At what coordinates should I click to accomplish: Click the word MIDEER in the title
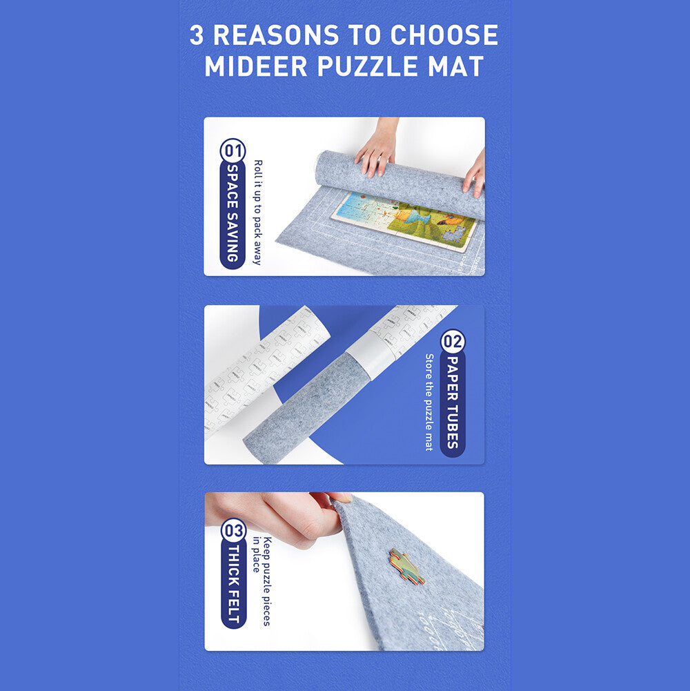(x=256, y=66)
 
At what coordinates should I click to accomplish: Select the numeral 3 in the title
(x=197, y=35)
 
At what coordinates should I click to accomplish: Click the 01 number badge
(x=233, y=150)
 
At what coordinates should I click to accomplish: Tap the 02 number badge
(x=453, y=342)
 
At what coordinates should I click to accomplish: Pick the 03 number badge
(x=233, y=531)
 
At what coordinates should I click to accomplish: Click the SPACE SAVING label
(x=233, y=213)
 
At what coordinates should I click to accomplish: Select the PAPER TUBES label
(x=453, y=402)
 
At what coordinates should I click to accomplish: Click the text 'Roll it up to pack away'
(x=258, y=213)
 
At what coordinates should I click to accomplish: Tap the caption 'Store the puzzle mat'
(x=429, y=402)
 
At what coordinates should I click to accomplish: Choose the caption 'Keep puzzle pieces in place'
(x=262, y=581)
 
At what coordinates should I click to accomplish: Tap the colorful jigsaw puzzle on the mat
(x=404, y=221)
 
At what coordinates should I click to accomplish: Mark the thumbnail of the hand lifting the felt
(x=344, y=571)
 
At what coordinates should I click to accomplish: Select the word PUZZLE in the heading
(x=368, y=66)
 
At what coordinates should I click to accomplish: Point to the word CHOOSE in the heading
(x=444, y=35)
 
